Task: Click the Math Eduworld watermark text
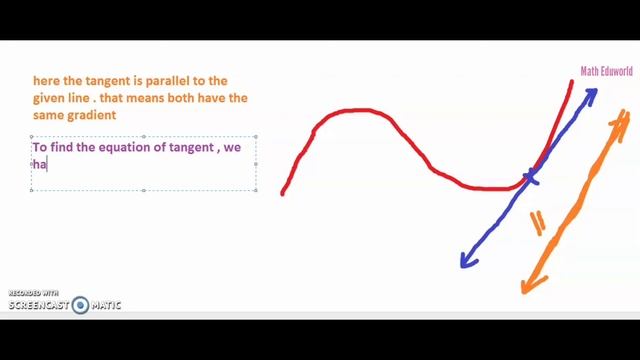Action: pyautogui.click(x=607, y=71)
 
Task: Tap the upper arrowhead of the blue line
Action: pyautogui.click(x=591, y=95)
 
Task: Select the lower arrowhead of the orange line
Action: pyautogui.click(x=527, y=288)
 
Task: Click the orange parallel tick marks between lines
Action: pyautogui.click(x=537, y=223)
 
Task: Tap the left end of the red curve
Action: pyautogui.click(x=284, y=192)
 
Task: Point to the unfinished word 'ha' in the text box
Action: pyautogui.click(x=40, y=164)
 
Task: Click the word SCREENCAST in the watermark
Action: pyautogui.click(x=39, y=305)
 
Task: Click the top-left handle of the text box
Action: pyautogui.click(x=32, y=137)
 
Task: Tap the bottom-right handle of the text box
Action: pyautogui.click(x=256, y=189)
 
